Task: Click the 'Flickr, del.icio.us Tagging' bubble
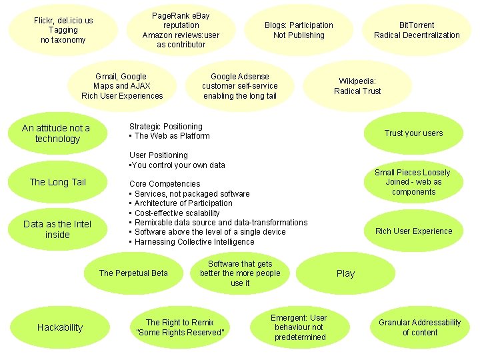(x=63, y=30)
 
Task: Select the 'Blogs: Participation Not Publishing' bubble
(x=299, y=30)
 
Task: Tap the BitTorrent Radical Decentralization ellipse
(x=417, y=30)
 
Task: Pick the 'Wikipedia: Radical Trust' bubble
(x=357, y=86)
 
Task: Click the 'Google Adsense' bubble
(x=240, y=86)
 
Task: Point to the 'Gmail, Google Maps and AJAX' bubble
(x=122, y=86)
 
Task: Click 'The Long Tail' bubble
(x=57, y=182)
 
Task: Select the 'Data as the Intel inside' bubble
(x=57, y=229)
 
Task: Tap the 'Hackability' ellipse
(x=60, y=327)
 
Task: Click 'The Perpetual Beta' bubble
(x=133, y=273)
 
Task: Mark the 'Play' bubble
(x=345, y=273)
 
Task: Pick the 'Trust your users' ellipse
(x=413, y=133)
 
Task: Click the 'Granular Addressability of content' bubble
(x=419, y=327)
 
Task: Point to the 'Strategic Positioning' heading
(x=166, y=126)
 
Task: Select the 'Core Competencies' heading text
(x=165, y=183)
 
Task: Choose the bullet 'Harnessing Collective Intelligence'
(x=194, y=241)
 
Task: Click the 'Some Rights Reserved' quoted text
(x=180, y=332)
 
